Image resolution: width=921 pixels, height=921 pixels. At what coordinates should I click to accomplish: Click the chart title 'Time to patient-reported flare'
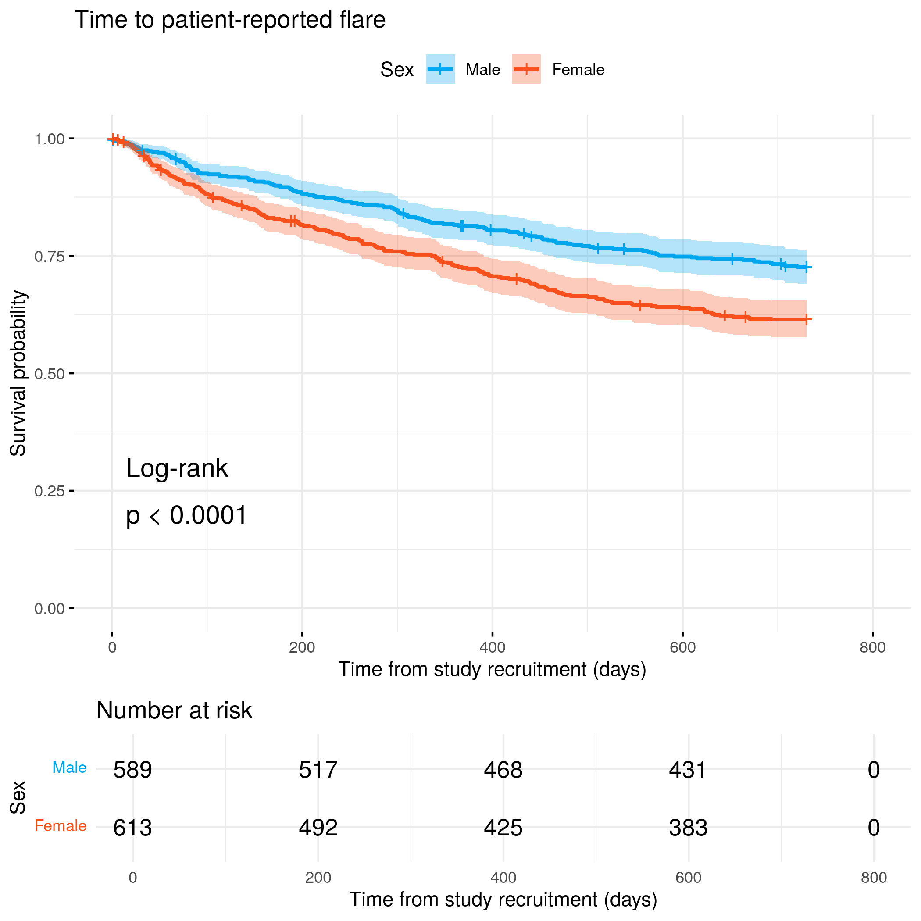tap(230, 20)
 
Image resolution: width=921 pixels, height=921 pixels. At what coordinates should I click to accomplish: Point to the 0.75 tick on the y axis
tap(49, 257)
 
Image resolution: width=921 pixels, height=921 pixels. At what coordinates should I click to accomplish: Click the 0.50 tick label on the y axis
tap(49, 374)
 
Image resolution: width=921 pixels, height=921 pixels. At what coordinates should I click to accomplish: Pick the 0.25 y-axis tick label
tap(49, 491)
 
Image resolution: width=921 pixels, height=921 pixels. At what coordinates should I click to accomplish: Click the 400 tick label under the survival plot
tap(492, 647)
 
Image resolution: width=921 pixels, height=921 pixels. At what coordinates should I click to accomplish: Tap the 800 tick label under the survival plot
tap(872, 647)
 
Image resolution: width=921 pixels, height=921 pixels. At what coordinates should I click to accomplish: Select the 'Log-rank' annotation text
tap(177, 468)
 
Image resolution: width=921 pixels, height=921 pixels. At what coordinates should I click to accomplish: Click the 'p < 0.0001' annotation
tap(186, 515)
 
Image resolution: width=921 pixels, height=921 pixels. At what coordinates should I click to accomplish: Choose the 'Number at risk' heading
tap(174, 710)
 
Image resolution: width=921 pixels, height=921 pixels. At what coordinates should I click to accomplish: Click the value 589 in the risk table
tap(132, 770)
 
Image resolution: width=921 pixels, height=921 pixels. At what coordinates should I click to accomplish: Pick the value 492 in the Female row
tap(318, 828)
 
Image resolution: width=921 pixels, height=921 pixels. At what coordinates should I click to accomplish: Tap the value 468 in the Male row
tap(503, 770)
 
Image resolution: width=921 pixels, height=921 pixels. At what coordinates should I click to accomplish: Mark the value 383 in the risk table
tap(688, 828)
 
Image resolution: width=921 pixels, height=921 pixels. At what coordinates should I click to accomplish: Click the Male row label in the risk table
tap(69, 767)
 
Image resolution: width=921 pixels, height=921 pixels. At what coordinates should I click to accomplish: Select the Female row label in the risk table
tap(61, 826)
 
